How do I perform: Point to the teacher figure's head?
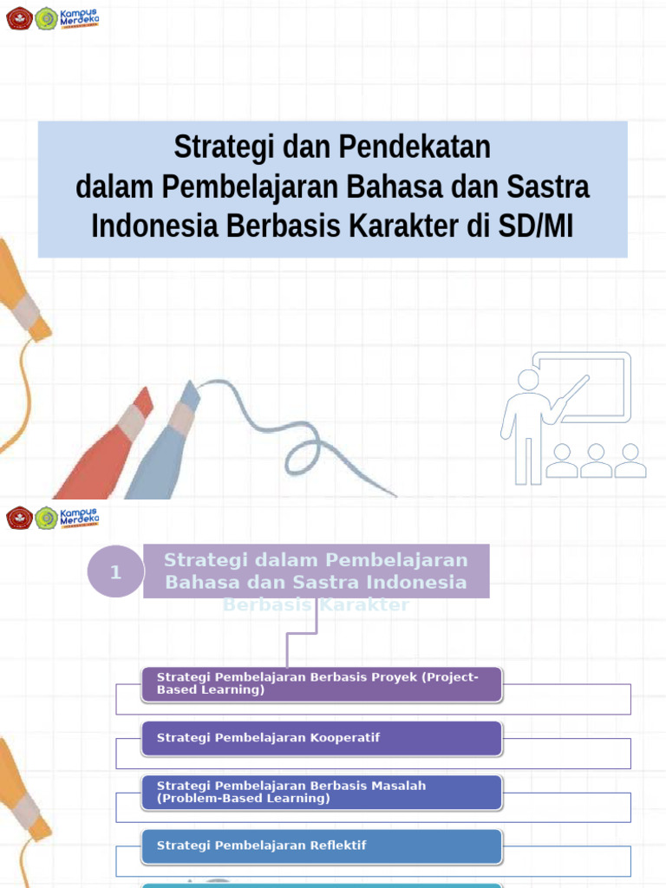[527, 380]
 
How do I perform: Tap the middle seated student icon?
[596, 460]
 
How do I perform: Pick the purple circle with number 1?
[115, 572]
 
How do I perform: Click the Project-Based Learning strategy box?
[322, 683]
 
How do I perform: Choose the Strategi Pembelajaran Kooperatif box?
[322, 738]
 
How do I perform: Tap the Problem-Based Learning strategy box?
[322, 792]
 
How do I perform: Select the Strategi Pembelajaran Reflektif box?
[322, 846]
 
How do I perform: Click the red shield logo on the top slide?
[18, 18]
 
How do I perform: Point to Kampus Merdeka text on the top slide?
[79, 16]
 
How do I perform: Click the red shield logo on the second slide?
[18, 519]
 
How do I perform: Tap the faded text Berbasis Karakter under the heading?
[316, 605]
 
